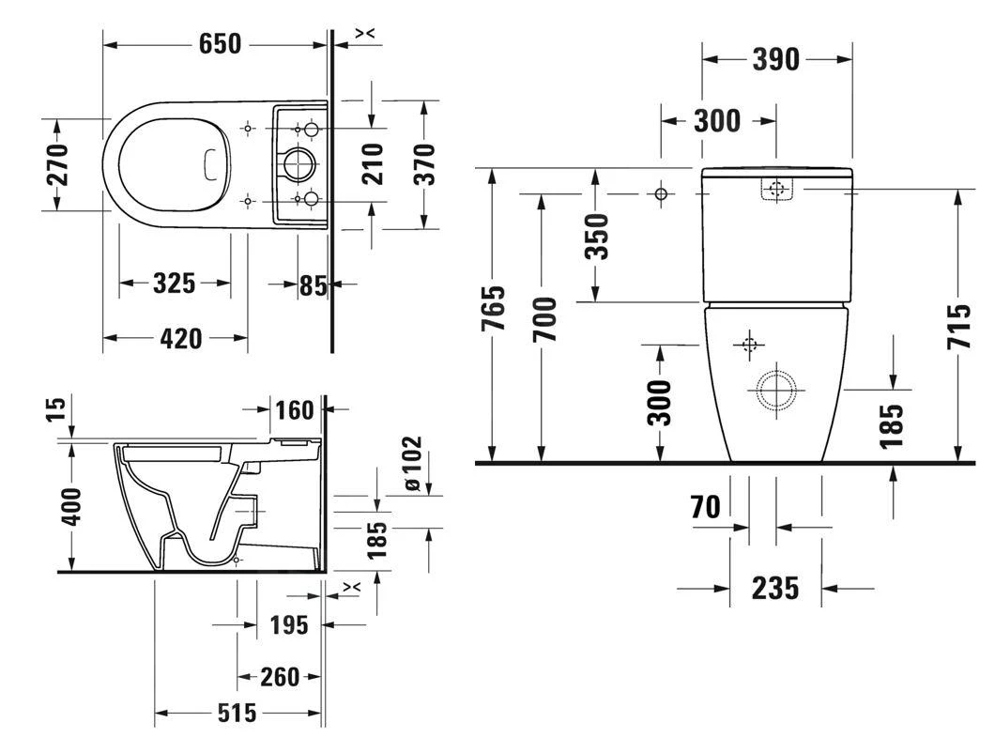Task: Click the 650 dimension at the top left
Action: coord(220,43)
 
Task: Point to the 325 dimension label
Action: coord(174,283)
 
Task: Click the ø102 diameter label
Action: coord(412,464)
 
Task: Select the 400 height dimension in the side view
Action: coord(74,507)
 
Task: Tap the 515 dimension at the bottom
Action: coord(237,714)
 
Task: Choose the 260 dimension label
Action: coord(279,676)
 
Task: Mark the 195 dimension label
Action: coord(289,624)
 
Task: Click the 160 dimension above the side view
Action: coord(294,410)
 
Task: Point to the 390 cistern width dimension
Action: coord(776,59)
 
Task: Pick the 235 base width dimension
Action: coord(775,589)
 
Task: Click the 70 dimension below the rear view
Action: coord(706,508)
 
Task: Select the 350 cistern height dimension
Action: coord(597,236)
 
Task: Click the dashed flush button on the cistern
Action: coord(775,190)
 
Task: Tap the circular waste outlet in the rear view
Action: coord(776,388)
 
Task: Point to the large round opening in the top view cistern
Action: coord(301,164)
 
